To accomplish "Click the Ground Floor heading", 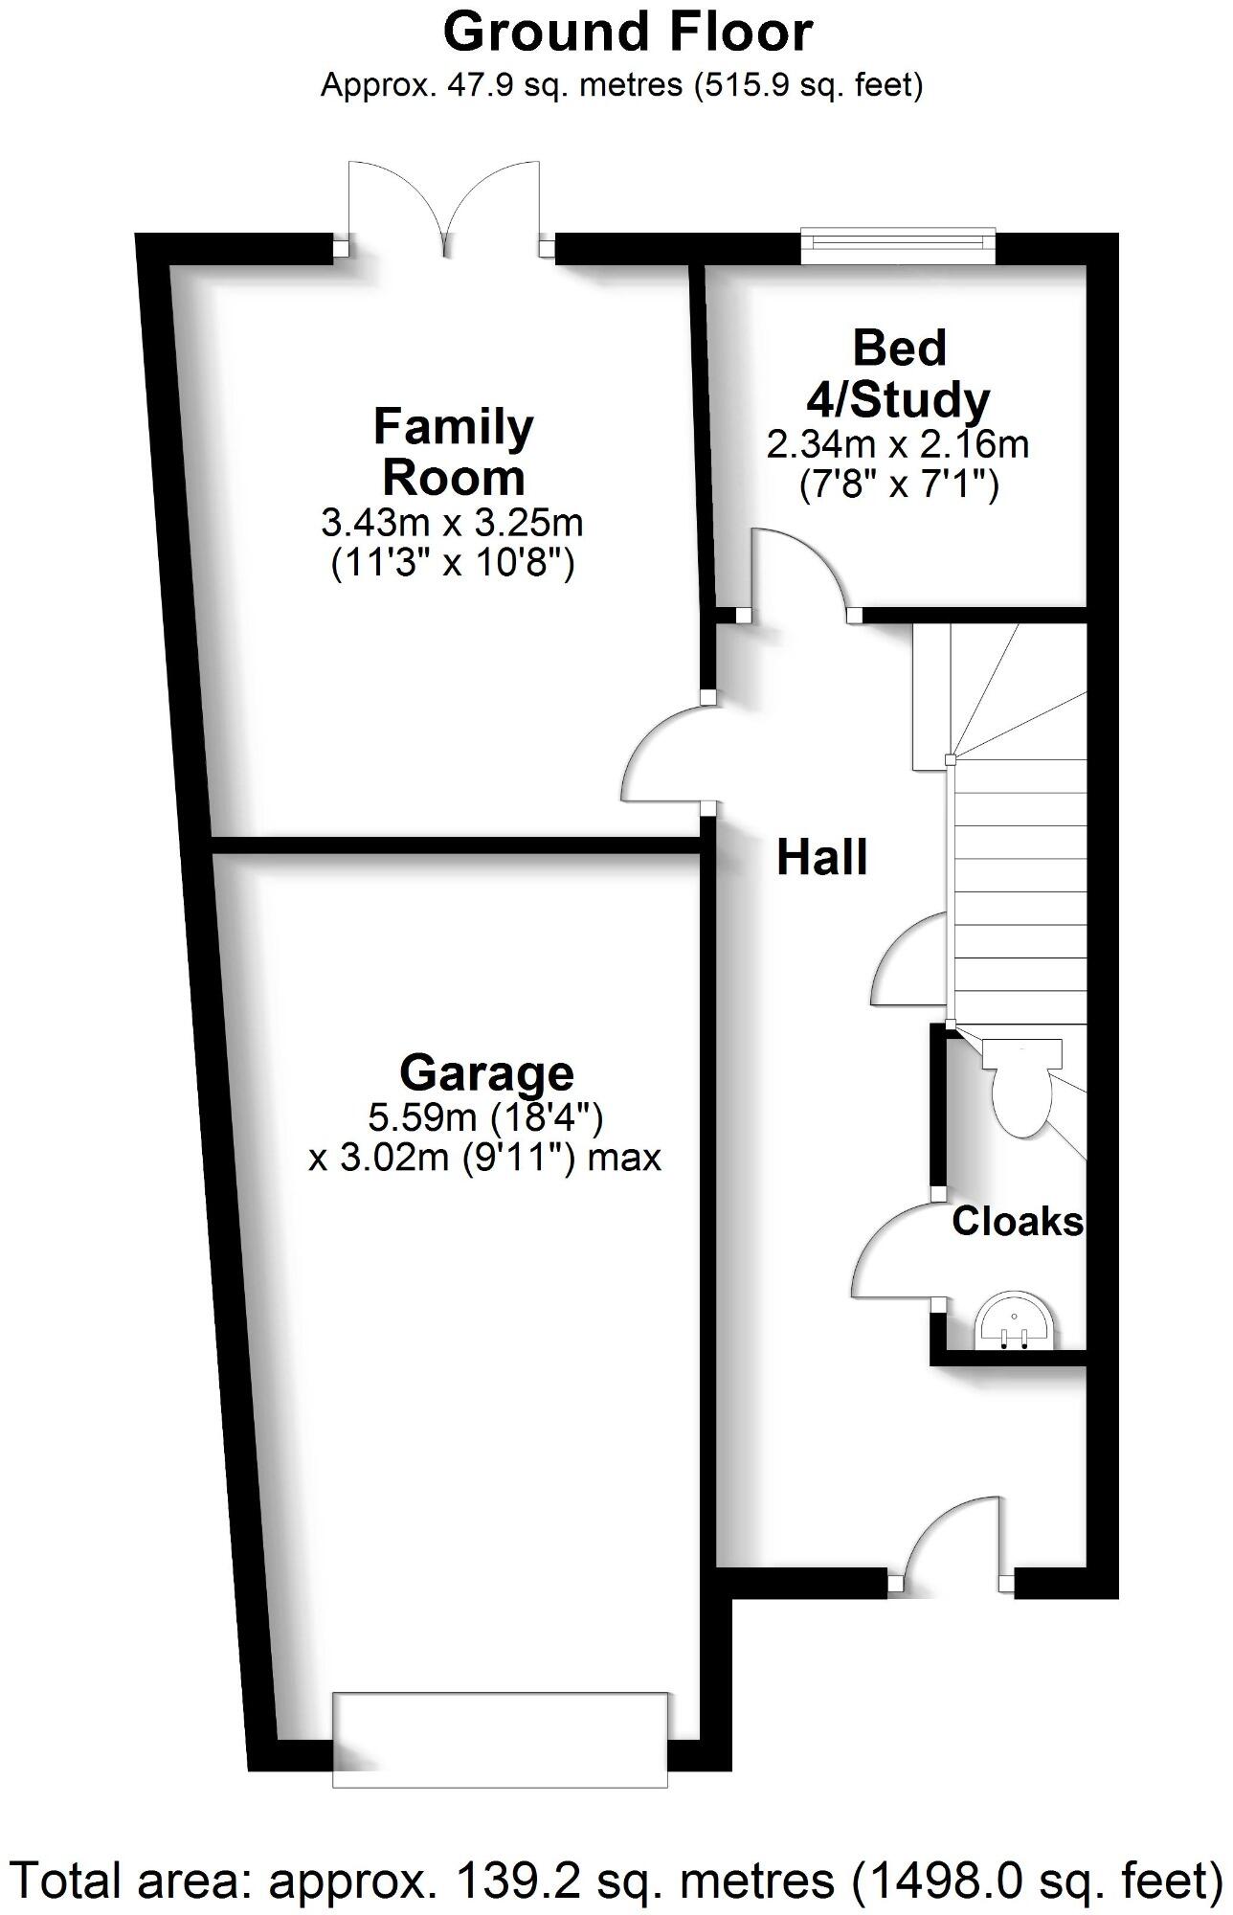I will [x=627, y=33].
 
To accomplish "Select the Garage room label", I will [x=486, y=1072].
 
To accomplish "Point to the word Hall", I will [x=821, y=858].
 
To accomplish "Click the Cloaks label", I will [x=1017, y=1222].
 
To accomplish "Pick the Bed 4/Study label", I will [x=899, y=374].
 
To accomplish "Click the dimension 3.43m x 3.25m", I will [x=452, y=524].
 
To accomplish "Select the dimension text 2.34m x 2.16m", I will [x=897, y=445].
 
